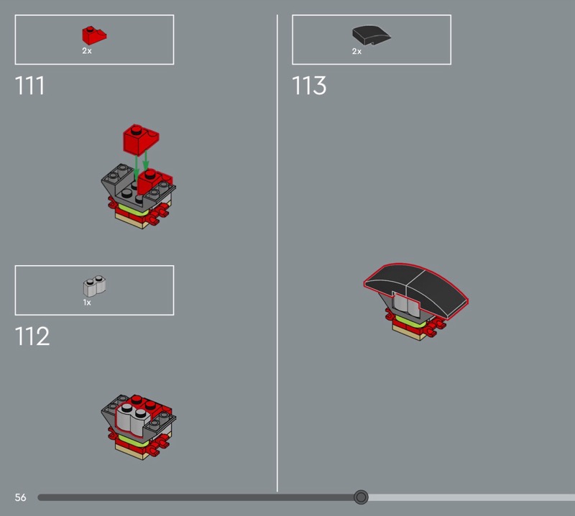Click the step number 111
pos(29,86)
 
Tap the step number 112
pos(32,336)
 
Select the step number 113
pos(309,86)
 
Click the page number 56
pos(21,497)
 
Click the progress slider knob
pos(361,497)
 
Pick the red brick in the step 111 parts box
pos(94,35)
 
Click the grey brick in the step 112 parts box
pos(94,286)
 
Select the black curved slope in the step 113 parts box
pos(371,35)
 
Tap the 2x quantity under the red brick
pos(87,51)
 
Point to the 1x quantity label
pos(87,303)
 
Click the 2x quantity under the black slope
pos(356,51)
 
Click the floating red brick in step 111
pos(141,139)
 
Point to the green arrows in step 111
pos(141,165)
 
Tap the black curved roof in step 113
pos(416,290)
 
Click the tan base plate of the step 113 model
pos(410,333)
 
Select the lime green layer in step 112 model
pos(133,440)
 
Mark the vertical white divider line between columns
pos(277,253)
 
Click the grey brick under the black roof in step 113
pos(406,305)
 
